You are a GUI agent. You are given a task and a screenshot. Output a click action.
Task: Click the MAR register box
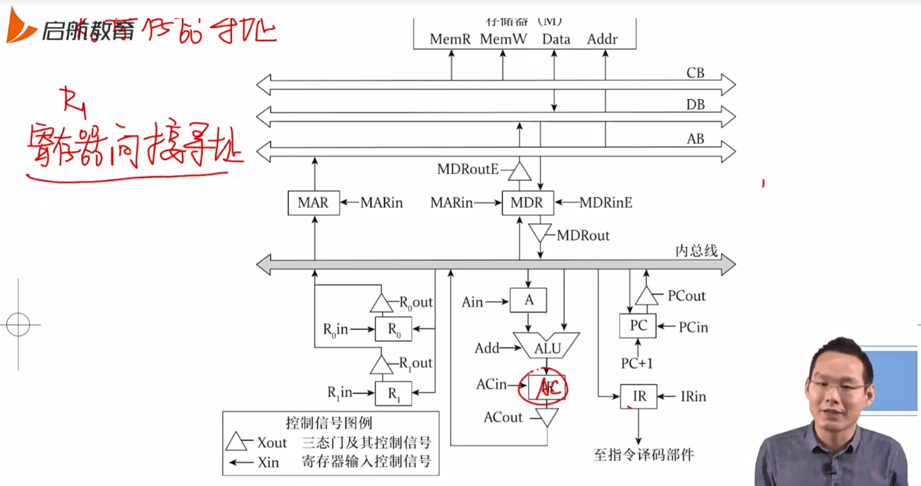314,203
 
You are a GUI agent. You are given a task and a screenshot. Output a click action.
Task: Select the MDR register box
527,203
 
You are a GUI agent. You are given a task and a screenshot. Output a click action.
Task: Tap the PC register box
638,326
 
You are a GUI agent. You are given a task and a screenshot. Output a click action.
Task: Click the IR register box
638,396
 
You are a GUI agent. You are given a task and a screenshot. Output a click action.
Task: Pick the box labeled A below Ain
528,300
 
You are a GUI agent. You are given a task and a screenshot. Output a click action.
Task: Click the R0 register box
393,329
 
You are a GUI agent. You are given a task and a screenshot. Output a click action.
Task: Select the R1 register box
393,394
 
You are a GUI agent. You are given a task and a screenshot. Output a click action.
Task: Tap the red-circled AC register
546,387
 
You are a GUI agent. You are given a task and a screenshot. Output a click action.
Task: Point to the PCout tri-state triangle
646,297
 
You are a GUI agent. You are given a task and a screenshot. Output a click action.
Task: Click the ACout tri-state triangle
547,416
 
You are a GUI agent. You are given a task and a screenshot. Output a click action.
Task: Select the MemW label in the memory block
503,39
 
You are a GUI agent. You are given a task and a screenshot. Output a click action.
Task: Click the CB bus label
695,73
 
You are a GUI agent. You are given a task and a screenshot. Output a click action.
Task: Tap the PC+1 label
637,363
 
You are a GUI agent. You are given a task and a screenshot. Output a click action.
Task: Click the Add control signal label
486,348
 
